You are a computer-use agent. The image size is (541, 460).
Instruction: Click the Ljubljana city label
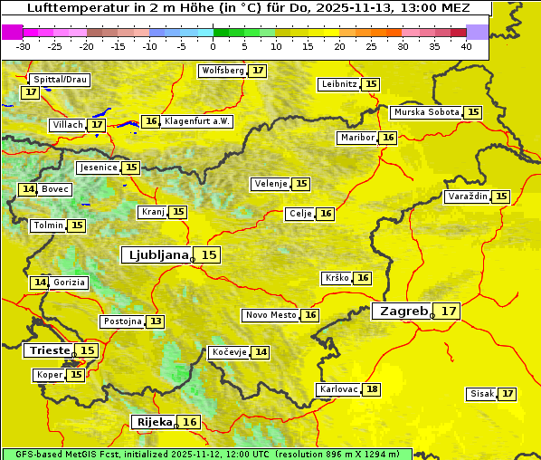(x=157, y=255)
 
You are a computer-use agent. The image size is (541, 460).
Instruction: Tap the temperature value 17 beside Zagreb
(x=449, y=311)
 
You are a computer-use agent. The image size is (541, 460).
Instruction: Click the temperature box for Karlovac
(x=372, y=389)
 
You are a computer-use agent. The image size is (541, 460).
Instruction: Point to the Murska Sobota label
(x=426, y=112)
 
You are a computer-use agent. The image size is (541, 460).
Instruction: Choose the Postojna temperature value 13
(x=157, y=321)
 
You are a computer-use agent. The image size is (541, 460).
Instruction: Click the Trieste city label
(x=50, y=350)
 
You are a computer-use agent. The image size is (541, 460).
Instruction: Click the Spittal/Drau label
(x=59, y=80)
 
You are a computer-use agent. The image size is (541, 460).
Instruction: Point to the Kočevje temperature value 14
(x=261, y=352)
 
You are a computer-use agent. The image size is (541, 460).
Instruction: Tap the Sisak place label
(x=482, y=394)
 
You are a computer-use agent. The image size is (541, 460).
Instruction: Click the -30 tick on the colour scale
(x=24, y=46)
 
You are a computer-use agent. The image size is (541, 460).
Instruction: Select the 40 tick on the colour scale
(x=466, y=46)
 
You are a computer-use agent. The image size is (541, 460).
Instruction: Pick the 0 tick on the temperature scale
(x=213, y=46)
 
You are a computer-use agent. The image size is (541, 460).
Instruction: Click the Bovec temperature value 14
(x=28, y=189)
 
